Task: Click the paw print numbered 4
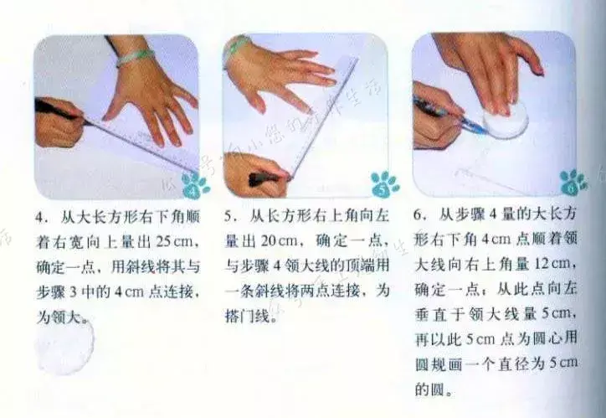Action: (195, 185)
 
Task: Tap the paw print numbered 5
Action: (384, 184)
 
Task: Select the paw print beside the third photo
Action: (573, 182)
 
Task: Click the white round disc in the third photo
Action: (506, 119)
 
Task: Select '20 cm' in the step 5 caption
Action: (278, 241)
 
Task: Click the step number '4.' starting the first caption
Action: (40, 217)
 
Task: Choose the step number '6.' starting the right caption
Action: (419, 214)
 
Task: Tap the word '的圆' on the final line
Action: (429, 389)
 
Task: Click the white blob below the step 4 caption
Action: (64, 347)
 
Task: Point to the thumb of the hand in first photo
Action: (111, 110)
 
